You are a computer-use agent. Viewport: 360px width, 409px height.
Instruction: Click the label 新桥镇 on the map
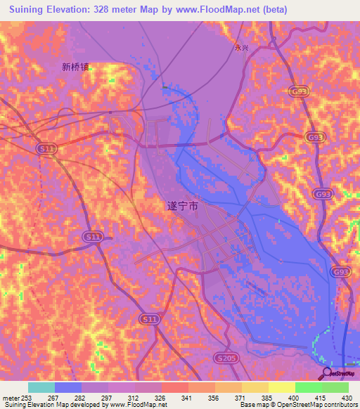click(75, 68)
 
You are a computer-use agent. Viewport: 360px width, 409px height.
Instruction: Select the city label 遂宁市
click(182, 207)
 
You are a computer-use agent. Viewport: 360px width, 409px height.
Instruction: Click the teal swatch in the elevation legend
click(41, 387)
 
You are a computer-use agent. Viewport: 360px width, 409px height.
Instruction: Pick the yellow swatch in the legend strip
click(282, 387)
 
